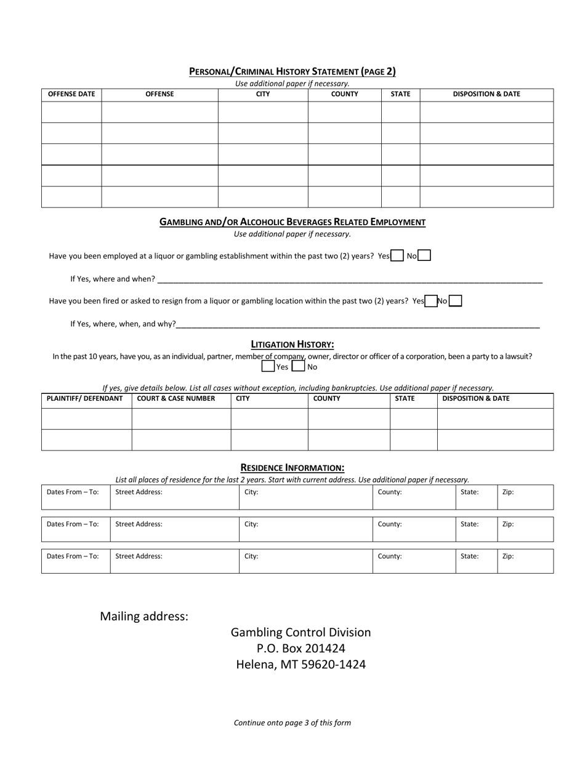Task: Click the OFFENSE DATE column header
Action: pyautogui.click(x=71, y=94)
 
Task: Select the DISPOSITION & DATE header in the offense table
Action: pyautogui.click(x=486, y=94)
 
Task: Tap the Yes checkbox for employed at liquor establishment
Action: pyautogui.click(x=397, y=255)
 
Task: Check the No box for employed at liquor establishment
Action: pyautogui.click(x=424, y=255)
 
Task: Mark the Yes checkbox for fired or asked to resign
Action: pyautogui.click(x=431, y=301)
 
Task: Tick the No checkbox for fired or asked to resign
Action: pyautogui.click(x=456, y=301)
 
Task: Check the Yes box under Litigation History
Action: pyautogui.click(x=268, y=367)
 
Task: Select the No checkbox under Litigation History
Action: pyautogui.click(x=298, y=367)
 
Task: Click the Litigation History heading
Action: pyautogui.click(x=292, y=344)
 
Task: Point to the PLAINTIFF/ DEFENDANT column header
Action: pyautogui.click(x=85, y=398)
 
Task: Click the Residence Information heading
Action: pyautogui.click(x=292, y=468)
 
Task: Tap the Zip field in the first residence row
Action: pyautogui.click(x=525, y=497)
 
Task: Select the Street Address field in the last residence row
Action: pyautogui.click(x=175, y=561)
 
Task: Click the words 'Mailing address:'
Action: pyautogui.click(x=144, y=616)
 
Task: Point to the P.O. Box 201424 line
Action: pyautogui.click(x=301, y=648)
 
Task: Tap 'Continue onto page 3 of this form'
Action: pyautogui.click(x=292, y=723)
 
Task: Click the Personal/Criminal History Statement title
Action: pyautogui.click(x=292, y=71)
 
